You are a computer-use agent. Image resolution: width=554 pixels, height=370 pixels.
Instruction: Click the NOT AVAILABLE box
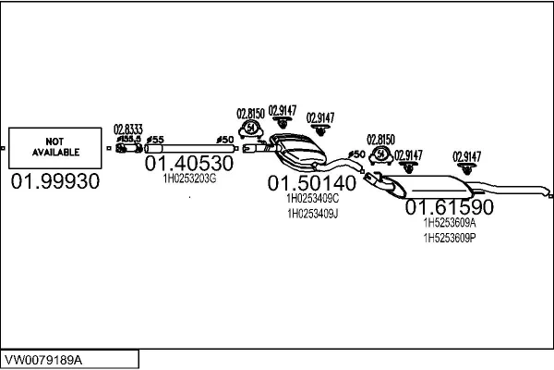(x=55, y=147)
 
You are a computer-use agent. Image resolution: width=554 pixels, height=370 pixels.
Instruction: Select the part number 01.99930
(x=55, y=182)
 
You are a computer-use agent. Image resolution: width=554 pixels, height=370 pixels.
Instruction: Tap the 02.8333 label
(x=128, y=129)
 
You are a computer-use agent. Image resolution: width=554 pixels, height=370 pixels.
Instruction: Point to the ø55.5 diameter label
(x=127, y=138)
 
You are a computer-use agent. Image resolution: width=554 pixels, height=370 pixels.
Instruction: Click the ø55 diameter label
(x=155, y=139)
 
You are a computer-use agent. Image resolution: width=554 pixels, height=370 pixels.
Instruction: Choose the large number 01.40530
(x=189, y=163)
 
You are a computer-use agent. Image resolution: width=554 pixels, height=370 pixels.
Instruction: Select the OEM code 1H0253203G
(x=189, y=178)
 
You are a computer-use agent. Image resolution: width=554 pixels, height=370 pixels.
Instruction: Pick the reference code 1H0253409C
(x=313, y=198)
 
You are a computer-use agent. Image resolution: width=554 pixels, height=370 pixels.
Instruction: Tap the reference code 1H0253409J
(x=313, y=214)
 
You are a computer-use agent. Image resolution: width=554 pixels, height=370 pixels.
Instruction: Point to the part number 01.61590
(x=450, y=207)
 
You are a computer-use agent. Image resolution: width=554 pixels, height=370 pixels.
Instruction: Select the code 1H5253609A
(x=450, y=223)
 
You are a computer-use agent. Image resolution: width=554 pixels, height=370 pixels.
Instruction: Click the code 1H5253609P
(x=450, y=238)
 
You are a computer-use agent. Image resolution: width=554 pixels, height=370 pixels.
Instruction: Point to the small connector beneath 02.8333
(x=127, y=147)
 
